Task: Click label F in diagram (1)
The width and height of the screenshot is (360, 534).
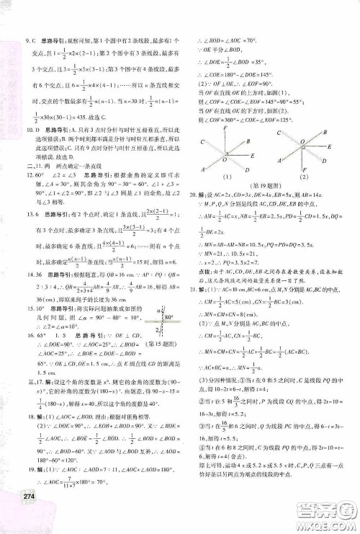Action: tap(228, 128)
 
